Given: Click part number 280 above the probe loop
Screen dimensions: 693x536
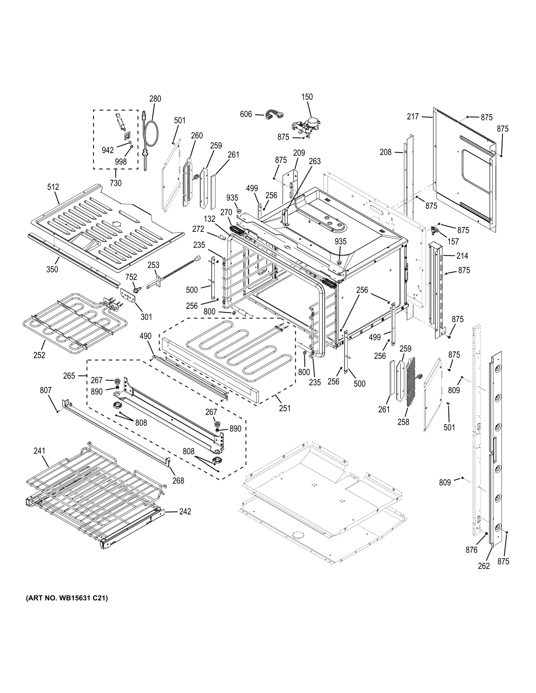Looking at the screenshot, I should tap(155, 99).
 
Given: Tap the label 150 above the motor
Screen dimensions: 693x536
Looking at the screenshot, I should tap(307, 97).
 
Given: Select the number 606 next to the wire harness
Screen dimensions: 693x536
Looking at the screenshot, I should tap(246, 114).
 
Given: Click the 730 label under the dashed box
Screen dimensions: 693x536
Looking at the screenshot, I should tap(115, 183).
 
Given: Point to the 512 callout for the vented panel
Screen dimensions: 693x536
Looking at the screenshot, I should tap(53, 187).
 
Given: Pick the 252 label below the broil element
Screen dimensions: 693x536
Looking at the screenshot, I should tap(39, 355).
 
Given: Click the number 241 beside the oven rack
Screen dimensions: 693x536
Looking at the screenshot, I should tap(39, 451).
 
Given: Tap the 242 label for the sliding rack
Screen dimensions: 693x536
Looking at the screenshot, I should tap(185, 512).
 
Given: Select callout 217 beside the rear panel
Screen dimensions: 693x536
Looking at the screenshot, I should tap(413, 117).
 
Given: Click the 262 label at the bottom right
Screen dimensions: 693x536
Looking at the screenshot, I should tap(484, 566).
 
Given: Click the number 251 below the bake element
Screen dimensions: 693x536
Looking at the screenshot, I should tap(285, 408).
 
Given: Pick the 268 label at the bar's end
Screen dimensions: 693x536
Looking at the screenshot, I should tap(178, 481).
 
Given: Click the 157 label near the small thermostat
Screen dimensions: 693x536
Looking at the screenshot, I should tap(453, 241).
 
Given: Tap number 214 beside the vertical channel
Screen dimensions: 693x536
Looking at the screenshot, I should tap(462, 256).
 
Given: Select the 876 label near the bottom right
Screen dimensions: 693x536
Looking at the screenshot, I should tap(471, 550).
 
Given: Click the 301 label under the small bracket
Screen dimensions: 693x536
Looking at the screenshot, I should tap(146, 317).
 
